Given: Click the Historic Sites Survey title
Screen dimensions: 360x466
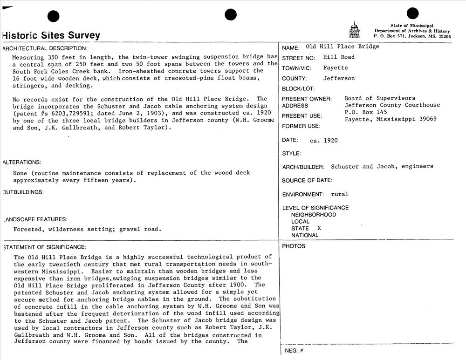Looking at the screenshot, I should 51,35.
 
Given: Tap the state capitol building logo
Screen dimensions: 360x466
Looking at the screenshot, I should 355,30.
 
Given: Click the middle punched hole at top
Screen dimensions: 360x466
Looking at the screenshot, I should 231,15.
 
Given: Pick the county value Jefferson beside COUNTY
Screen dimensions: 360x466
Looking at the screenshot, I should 339,79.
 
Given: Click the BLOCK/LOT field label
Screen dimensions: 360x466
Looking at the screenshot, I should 298,89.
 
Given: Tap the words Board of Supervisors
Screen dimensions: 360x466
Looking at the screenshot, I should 380,98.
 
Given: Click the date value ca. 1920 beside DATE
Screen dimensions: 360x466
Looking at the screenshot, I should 324,140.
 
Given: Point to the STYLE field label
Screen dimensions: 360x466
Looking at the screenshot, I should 291,154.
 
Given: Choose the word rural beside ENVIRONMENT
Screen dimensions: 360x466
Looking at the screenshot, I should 340,194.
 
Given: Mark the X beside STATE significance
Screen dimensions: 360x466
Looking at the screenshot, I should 319,228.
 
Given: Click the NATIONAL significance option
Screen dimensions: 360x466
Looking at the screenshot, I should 305,235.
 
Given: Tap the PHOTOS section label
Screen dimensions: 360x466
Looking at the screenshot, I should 294,246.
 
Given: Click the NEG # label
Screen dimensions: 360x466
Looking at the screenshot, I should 294,350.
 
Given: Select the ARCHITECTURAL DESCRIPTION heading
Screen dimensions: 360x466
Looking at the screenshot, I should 45,48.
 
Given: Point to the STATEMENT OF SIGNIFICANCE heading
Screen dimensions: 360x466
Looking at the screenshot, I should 45,247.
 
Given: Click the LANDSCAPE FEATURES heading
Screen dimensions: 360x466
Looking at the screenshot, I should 35,219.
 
